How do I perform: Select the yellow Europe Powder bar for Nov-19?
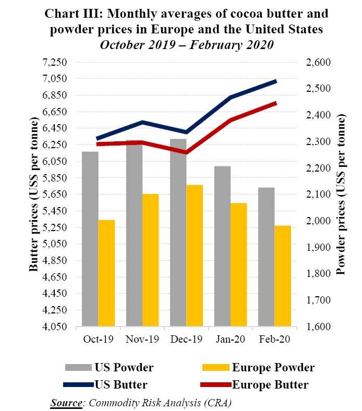coord(150,260)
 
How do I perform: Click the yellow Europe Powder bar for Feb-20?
coord(282,276)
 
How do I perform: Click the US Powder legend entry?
coord(110,368)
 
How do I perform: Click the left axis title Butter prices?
coord(34,195)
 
